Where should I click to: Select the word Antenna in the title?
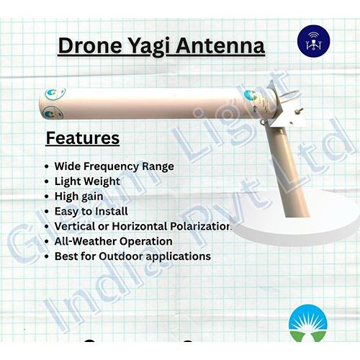[x=225, y=47]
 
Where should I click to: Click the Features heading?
[x=83, y=138]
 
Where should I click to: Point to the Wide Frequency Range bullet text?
[x=114, y=166]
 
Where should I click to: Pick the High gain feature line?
[x=78, y=197]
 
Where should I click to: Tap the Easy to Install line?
[x=91, y=212]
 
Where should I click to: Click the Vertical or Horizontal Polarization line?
[x=143, y=227]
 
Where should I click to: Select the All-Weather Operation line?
[x=113, y=241]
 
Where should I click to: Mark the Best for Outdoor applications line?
[x=132, y=256]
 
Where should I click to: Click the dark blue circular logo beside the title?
[x=312, y=40]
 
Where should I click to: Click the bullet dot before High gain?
[x=47, y=197]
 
